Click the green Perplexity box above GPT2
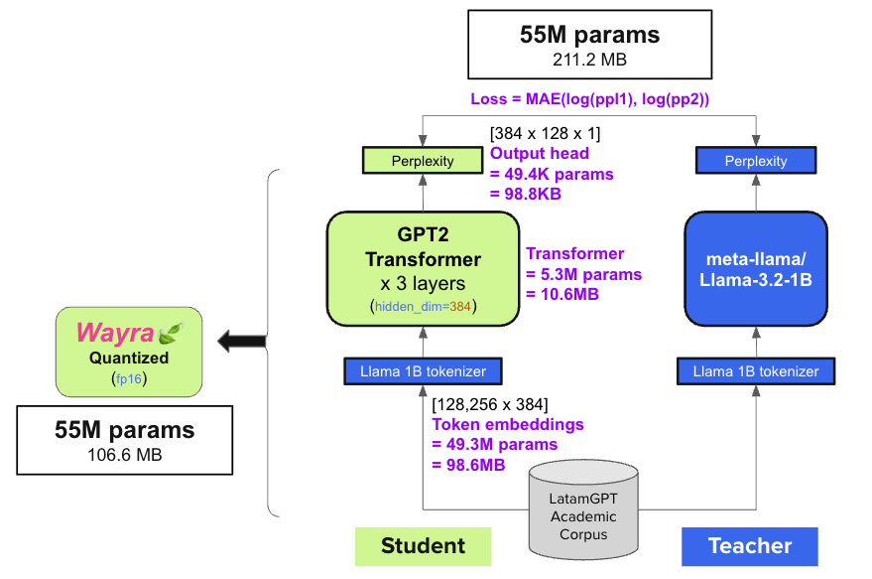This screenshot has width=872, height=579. [x=424, y=160]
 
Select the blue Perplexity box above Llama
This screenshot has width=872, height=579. [x=756, y=160]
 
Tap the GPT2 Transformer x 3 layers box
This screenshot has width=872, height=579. [x=423, y=267]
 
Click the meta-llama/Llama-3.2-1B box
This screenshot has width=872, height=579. [x=756, y=267]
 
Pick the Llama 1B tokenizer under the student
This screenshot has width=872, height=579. [x=423, y=371]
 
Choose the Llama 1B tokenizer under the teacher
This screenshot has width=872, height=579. [x=756, y=371]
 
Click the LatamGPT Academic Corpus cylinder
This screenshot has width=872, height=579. [x=583, y=507]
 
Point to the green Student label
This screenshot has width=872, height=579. [x=423, y=545]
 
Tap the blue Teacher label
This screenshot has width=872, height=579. [x=749, y=545]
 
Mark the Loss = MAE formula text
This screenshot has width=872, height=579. [x=590, y=99]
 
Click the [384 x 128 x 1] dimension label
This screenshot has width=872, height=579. [x=545, y=133]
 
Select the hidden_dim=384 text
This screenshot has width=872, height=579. [x=425, y=306]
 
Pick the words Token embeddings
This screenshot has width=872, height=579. [x=507, y=424]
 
